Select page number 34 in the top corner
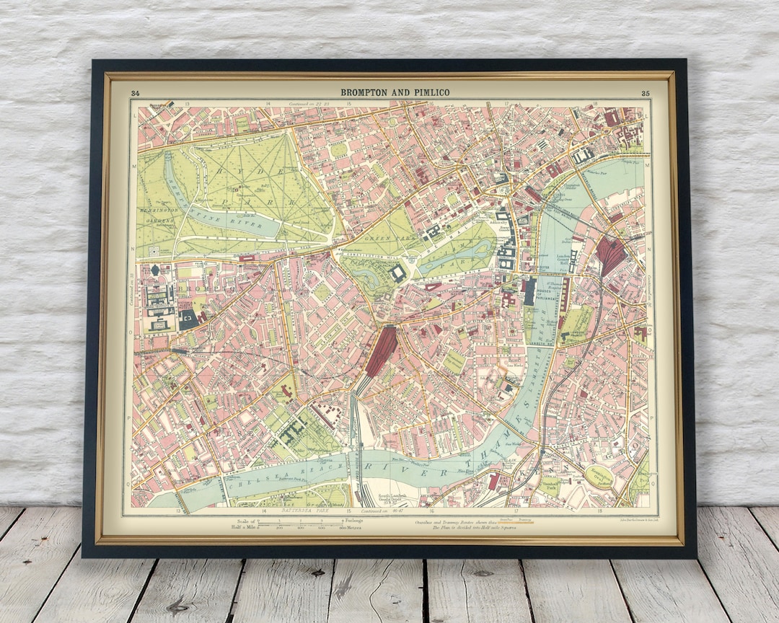point(135,93)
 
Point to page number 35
point(644,93)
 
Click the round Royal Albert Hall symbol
point(155,270)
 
